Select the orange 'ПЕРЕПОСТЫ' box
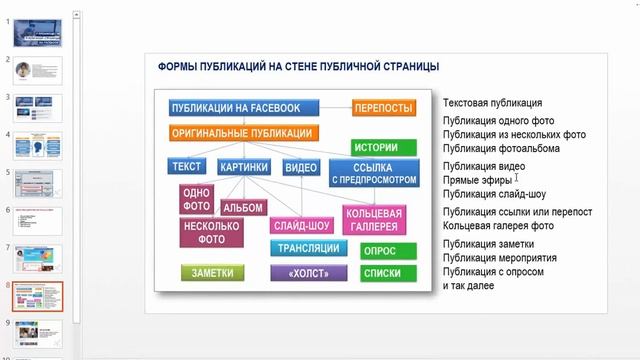click(384, 108)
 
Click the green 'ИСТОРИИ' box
click(384, 147)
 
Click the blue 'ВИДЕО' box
click(300, 168)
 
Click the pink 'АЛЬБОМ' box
click(243, 208)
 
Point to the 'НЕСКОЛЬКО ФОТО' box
click(209, 233)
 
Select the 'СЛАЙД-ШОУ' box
click(302, 226)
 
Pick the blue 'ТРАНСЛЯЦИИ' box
click(308, 248)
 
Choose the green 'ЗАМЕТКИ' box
click(213, 272)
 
